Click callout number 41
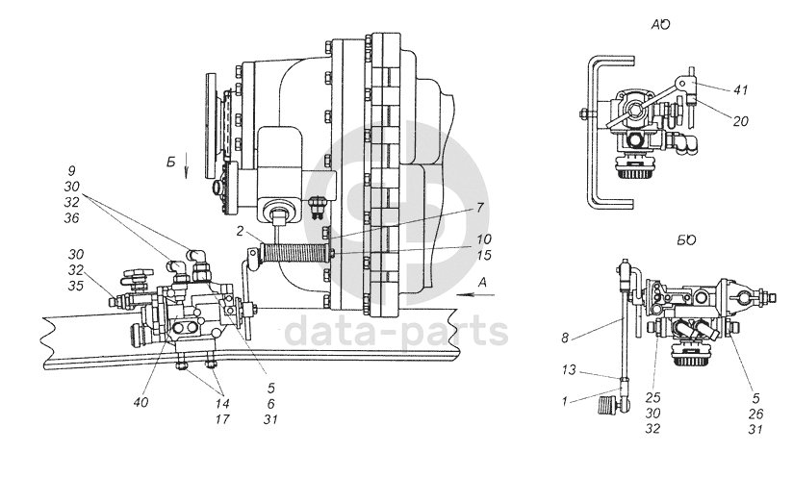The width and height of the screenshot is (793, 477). pos(740,90)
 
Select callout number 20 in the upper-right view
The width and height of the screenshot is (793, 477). pos(740,121)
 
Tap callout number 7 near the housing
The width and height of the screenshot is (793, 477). pos(480,208)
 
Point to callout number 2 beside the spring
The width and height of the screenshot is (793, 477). pos(241,232)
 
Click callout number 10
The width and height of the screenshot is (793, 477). pos(483,239)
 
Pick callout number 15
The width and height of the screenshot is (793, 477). pos(483,255)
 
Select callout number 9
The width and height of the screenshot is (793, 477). pos(71,171)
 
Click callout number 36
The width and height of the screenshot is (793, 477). pos(72,218)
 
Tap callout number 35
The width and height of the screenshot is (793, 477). pos(75,286)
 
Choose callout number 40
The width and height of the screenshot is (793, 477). pos(141,403)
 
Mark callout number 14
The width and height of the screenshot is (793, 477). pos(222,404)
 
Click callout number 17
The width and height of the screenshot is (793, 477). pos(222,419)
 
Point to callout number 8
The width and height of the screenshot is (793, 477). pos(565,338)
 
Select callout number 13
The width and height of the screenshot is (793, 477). pos(569,370)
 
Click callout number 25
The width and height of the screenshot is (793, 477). pos(652,398)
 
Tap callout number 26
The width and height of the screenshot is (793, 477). pos(755,414)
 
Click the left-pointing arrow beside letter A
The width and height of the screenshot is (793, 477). pos(475,295)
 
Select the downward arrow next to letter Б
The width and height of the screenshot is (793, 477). pos(186,166)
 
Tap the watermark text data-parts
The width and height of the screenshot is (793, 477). pos(396,331)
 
